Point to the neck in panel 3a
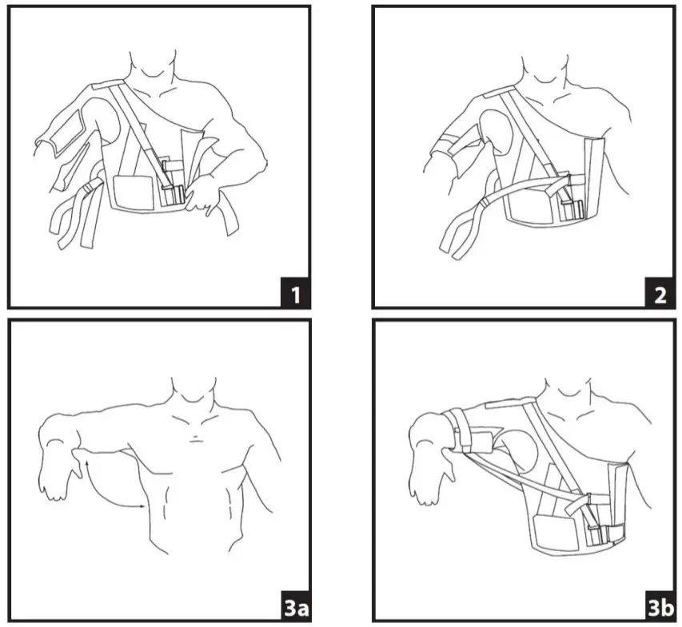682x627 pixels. (189, 395)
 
